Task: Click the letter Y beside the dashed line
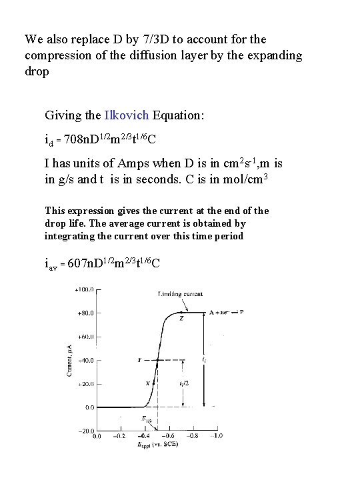click(139, 359)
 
